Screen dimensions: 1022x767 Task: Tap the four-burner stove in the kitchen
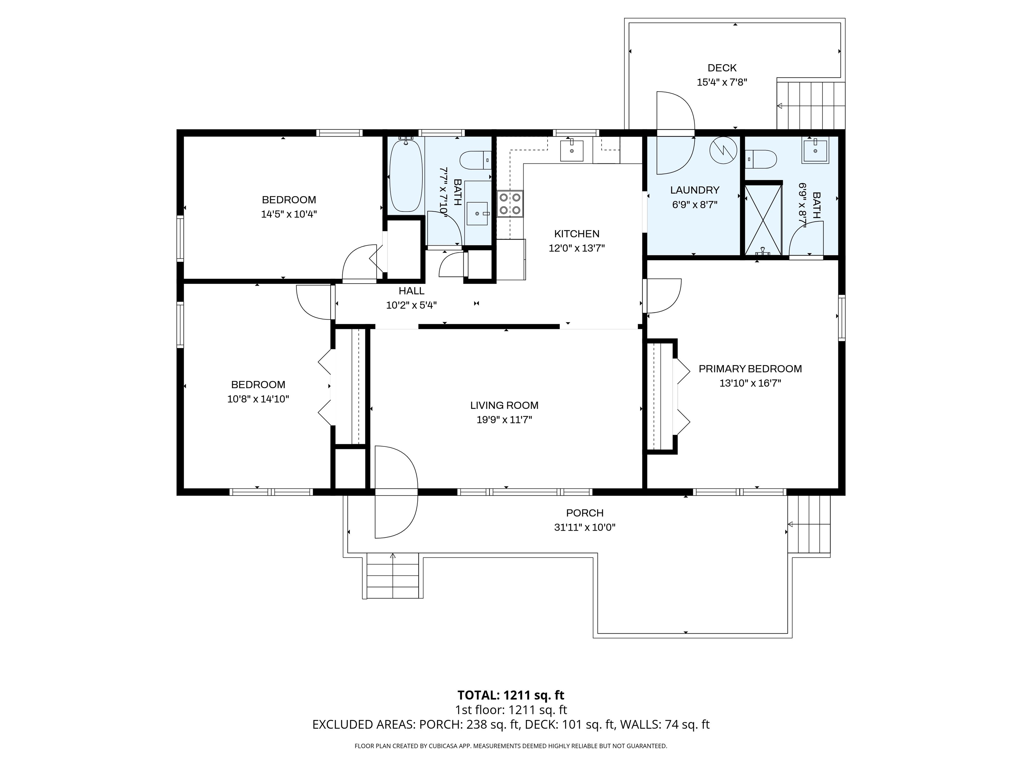[510, 203]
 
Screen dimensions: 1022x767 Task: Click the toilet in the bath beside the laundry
[761, 159]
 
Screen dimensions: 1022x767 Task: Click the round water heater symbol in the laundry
[723, 150]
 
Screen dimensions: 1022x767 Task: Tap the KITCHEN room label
[577, 234]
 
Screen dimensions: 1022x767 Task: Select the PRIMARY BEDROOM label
[750, 369]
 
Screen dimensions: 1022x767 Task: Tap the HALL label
[411, 291]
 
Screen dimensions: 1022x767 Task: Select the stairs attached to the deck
[810, 106]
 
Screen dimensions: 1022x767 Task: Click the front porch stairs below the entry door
[393, 576]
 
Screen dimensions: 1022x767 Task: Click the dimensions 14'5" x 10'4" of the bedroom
[289, 214]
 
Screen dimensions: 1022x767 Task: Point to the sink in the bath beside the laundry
[815, 150]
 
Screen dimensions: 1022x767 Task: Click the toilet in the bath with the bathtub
[475, 160]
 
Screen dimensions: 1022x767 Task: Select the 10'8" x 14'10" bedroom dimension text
[258, 399]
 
